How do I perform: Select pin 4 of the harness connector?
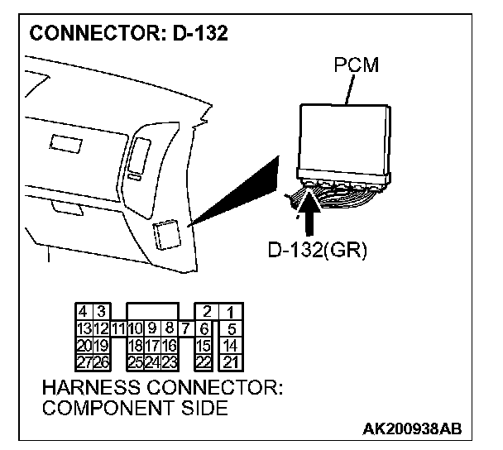[84, 312]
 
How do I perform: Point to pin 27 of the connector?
[84, 361]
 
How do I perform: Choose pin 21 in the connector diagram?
[232, 361]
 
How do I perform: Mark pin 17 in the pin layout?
[152, 345]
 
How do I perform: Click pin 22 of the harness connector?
[203, 361]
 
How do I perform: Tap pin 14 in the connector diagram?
[232, 345]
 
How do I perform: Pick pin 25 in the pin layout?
[135, 361]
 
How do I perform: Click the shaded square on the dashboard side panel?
[166, 235]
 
